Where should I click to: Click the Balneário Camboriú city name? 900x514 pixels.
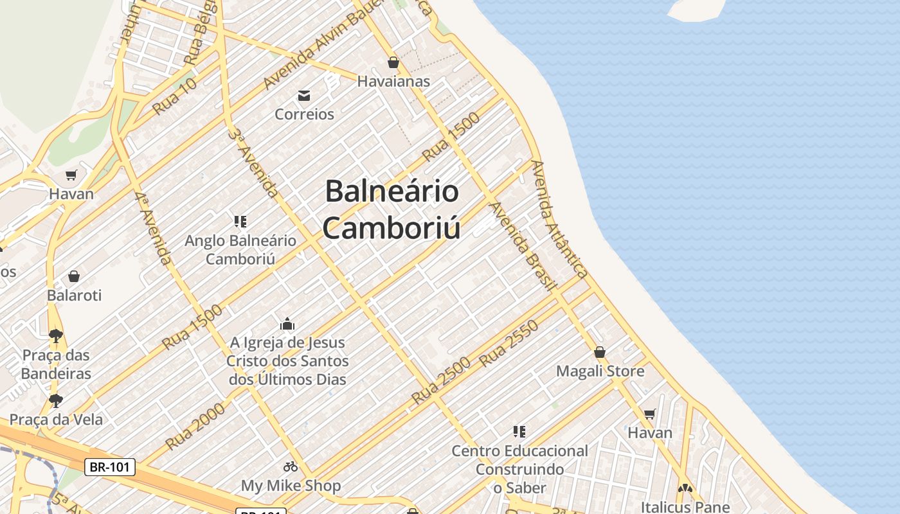point(392,209)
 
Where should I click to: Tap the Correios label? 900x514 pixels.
point(304,114)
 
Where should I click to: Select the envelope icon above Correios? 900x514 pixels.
point(304,96)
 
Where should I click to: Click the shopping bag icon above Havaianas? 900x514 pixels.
point(393,62)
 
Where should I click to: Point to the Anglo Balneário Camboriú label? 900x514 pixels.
point(240,250)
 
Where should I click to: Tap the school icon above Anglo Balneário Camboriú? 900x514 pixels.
point(240,222)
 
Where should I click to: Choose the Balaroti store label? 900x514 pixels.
point(74,296)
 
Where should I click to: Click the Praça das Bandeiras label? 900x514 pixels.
point(57,364)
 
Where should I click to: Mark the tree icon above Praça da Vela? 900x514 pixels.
point(56,401)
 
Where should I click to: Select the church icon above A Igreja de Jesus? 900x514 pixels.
point(287,323)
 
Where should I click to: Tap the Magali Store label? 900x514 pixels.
point(600,371)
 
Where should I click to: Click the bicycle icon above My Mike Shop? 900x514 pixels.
point(291,466)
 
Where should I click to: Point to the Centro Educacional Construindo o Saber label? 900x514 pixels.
point(519,469)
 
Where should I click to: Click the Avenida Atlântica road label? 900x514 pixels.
point(559,218)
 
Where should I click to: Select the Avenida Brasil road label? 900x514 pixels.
point(522,247)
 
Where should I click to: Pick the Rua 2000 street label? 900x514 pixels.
point(195,427)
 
